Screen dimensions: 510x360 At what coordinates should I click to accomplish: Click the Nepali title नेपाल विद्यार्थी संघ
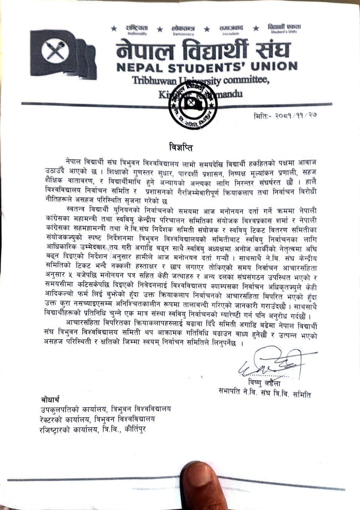coord(203,51)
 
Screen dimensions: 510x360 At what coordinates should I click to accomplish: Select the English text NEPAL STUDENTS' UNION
coord(207,67)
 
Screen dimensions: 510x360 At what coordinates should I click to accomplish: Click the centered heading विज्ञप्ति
coord(180,147)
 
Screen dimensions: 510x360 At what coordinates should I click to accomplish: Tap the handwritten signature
coord(275,363)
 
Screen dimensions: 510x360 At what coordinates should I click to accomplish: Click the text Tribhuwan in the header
coord(150,80)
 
